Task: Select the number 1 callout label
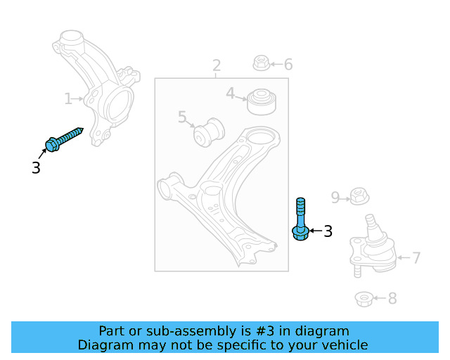pos(68,99)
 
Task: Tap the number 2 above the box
pos(217,65)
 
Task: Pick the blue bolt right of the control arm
pos(300,219)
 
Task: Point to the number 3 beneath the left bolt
pos(36,168)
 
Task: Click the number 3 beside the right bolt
pos(328,231)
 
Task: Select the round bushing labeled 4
pos(261,101)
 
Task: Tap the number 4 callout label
pos(230,93)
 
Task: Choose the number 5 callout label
pos(181,117)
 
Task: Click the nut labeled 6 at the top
pos(260,64)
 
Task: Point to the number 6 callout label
pos(288,65)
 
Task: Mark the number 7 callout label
pos(416,258)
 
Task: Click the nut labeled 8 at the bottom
pos(364,299)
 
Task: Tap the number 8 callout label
pos(392,299)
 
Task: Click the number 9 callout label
pos(335,198)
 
